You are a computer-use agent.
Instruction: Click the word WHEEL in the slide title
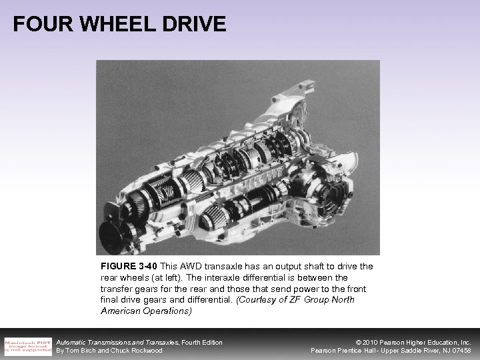point(111,24)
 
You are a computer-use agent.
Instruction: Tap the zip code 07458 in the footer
point(460,351)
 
